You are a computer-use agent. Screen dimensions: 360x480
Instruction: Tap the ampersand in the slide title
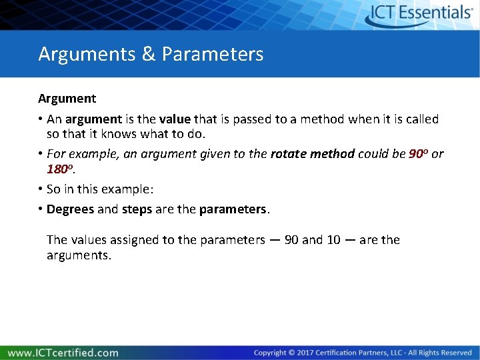[x=149, y=54]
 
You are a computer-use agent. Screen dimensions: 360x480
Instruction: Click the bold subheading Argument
[x=67, y=99]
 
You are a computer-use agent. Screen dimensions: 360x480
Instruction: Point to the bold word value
[x=174, y=119]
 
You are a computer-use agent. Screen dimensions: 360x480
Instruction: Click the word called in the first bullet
[x=421, y=119]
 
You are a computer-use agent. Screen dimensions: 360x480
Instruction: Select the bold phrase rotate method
[x=313, y=154]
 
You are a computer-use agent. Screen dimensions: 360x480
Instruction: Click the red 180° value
[x=59, y=171]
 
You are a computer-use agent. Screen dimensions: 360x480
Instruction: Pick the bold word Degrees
[x=71, y=209]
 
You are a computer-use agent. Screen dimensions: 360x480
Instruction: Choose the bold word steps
[x=137, y=209]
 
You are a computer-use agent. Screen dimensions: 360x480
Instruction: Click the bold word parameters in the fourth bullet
[x=233, y=209]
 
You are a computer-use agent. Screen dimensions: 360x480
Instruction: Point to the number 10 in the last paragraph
[x=333, y=240]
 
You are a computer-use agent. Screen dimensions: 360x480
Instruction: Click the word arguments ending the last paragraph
[x=78, y=255]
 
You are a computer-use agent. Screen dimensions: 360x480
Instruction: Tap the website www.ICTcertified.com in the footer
[x=63, y=353]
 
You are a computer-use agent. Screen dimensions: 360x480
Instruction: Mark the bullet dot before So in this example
[x=41, y=189]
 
